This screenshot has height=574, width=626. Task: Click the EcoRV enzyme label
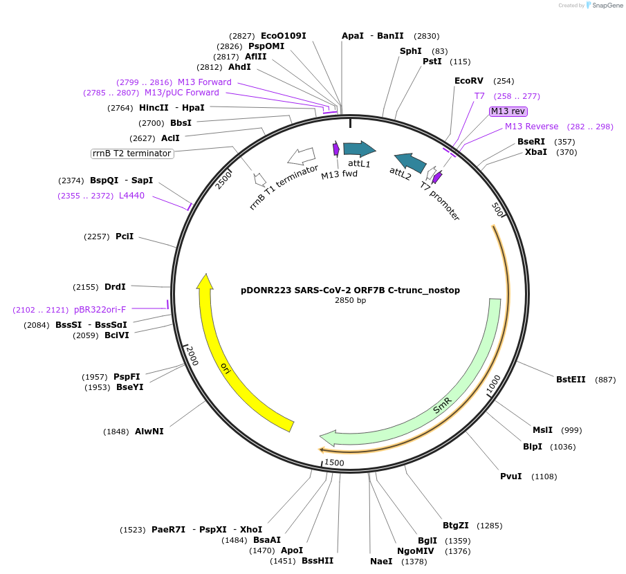468,81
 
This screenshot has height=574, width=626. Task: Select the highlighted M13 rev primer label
508,111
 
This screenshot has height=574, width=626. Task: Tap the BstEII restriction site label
571,379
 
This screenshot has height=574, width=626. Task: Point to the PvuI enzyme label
510,476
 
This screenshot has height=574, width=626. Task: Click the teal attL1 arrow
359,149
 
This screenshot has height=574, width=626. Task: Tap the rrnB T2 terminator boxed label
132,153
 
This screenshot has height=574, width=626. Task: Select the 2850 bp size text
350,301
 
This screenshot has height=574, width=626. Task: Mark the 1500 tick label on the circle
334,462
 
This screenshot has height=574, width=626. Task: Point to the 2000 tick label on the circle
192,356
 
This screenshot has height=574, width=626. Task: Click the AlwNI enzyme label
149,432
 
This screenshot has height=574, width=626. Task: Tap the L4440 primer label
131,196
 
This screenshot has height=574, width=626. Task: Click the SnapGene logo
603,6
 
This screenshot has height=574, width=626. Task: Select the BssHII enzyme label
317,560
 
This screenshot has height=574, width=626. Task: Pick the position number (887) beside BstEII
605,379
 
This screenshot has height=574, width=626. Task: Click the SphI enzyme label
410,51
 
